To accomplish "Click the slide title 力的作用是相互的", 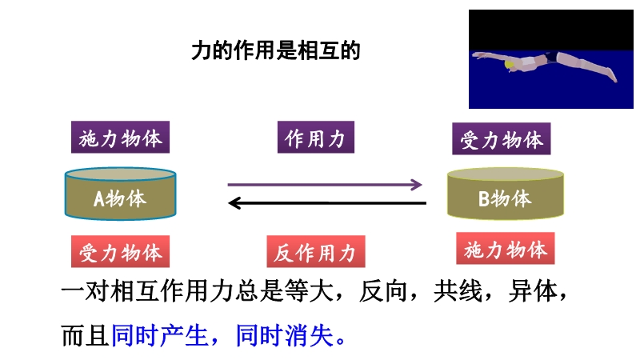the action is (x=276, y=50).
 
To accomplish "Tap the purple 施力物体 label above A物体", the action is (x=121, y=137).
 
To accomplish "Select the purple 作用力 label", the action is (x=316, y=137).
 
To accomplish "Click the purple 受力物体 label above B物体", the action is (x=502, y=138).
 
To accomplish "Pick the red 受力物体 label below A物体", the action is (x=121, y=251).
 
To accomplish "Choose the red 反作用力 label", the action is (x=316, y=251).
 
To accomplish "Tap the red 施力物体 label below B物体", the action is (x=506, y=249).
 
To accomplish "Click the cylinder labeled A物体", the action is (x=121, y=194).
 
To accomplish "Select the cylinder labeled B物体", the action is (x=506, y=194).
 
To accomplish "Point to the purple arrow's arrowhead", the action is (x=417, y=185).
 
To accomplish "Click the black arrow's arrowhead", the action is (x=234, y=203).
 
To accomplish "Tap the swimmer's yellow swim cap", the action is (x=510, y=65).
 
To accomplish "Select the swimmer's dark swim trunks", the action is (x=551, y=57).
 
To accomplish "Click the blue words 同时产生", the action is (x=159, y=335).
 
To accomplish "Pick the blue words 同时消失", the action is (x=285, y=335).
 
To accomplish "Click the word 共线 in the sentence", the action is (x=458, y=291).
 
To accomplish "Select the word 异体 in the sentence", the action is (x=533, y=291).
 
